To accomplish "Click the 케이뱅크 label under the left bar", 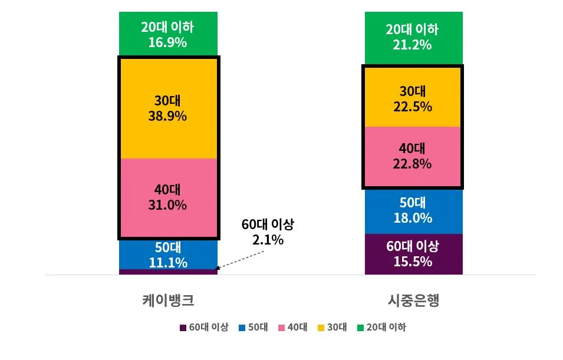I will coord(168,300).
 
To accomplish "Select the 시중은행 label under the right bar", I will coord(413,300).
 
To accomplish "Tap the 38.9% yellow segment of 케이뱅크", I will coord(168,108).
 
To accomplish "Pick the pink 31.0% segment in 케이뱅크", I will coord(168,197).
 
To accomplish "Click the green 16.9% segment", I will coord(168,34).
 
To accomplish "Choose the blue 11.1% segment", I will coord(168,255).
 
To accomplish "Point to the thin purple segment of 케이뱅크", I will coord(168,272).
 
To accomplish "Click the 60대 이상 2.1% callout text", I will coord(267,232).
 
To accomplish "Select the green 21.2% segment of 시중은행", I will coord(413,37).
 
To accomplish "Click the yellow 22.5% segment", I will coord(413,98).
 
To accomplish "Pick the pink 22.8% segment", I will coord(413,156).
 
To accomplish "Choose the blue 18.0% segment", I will coord(413,211).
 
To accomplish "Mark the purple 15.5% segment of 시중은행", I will coord(413,254).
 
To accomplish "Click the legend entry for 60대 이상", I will coord(203,328).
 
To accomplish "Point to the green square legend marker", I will coord(360,328).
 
